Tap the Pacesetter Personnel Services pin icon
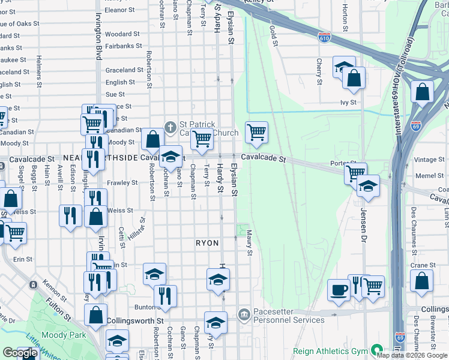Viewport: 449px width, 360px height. pyautogui.click(x=244, y=314)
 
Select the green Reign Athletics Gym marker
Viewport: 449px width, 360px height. pyautogui.click(x=377, y=349)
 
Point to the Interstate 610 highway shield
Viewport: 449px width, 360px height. pyautogui.click(x=324, y=37)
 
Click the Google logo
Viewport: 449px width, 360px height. pyautogui.click(x=20, y=353)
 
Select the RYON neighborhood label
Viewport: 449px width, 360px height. pyautogui.click(x=207, y=242)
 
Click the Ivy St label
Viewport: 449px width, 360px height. pyautogui.click(x=348, y=102)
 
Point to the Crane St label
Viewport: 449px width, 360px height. pyautogui.click(x=419, y=265)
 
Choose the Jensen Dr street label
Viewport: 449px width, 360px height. pyautogui.click(x=364, y=222)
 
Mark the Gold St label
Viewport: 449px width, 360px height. pyautogui.click(x=273, y=35)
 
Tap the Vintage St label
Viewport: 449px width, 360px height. pyautogui.click(x=429, y=160)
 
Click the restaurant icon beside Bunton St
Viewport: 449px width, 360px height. pyautogui.click(x=164, y=295)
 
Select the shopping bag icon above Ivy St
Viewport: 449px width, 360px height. pyautogui.click(x=354, y=79)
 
